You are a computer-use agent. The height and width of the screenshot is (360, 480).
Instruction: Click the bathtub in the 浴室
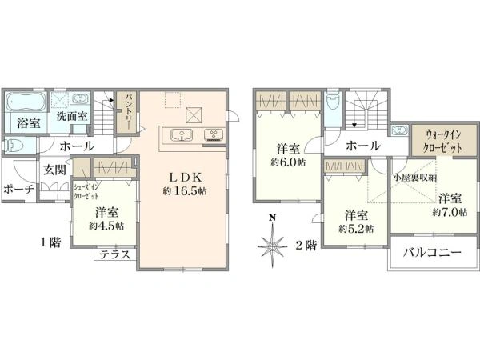(26, 102)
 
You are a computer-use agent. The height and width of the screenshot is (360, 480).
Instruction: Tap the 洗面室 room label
(72, 116)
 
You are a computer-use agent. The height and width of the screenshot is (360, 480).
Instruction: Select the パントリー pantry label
(127, 112)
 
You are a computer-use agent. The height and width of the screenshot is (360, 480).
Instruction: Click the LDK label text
(186, 177)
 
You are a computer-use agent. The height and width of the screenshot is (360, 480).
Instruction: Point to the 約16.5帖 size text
(185, 191)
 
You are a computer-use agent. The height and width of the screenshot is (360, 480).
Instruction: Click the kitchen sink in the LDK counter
(182, 135)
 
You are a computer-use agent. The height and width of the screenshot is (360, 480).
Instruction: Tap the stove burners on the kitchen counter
(214, 134)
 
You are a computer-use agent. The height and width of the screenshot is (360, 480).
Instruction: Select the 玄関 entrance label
(54, 170)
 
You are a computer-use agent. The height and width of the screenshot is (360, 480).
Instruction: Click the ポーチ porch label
(18, 189)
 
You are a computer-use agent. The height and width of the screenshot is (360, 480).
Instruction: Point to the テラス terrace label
(114, 254)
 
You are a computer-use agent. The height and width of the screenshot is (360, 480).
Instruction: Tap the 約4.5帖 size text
(106, 226)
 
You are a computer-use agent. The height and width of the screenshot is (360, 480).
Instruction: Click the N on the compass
(272, 218)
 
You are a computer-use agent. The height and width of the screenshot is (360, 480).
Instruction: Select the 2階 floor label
(306, 246)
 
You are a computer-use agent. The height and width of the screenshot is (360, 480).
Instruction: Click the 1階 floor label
(51, 242)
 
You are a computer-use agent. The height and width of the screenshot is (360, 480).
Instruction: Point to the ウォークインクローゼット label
(443, 142)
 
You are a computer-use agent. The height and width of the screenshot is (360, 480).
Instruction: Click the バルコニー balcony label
(432, 253)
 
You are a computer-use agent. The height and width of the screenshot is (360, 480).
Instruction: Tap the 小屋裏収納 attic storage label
(415, 178)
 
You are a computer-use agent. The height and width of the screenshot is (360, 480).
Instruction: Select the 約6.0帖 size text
(288, 162)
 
